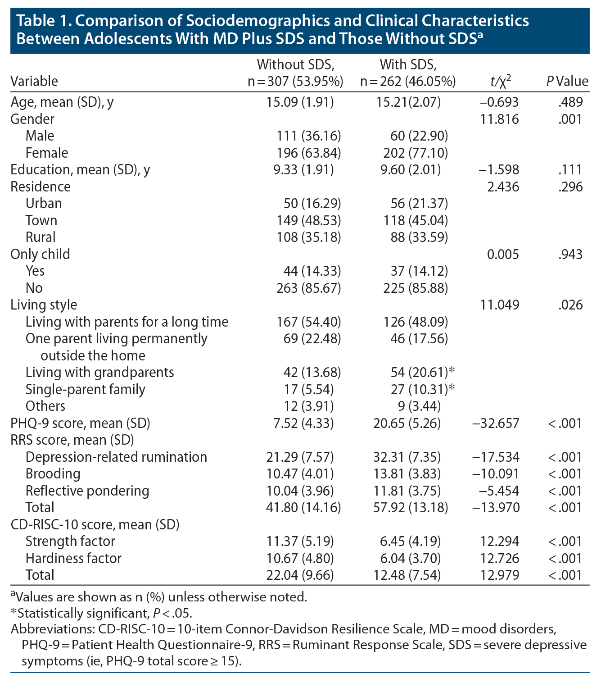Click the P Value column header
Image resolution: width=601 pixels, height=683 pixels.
point(567,81)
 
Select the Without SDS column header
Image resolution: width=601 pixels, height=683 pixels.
point(295,73)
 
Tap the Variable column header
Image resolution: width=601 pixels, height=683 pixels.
point(34,82)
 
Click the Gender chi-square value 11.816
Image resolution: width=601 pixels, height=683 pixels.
point(500,119)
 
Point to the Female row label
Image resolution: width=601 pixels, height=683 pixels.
point(47,153)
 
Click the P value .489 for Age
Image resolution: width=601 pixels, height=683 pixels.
point(570,102)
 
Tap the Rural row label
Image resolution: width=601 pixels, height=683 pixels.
point(41,237)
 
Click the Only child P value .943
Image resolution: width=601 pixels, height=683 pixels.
point(570,255)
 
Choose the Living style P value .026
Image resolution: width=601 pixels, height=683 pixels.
point(570,305)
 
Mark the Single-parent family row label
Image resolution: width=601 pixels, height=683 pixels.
point(85,390)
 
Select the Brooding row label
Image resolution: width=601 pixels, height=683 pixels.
point(53,474)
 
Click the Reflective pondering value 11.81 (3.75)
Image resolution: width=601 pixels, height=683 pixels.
point(407,491)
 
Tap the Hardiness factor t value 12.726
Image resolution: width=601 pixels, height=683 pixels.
point(500,559)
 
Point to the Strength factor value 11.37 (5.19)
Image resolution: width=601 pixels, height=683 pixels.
point(300,542)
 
